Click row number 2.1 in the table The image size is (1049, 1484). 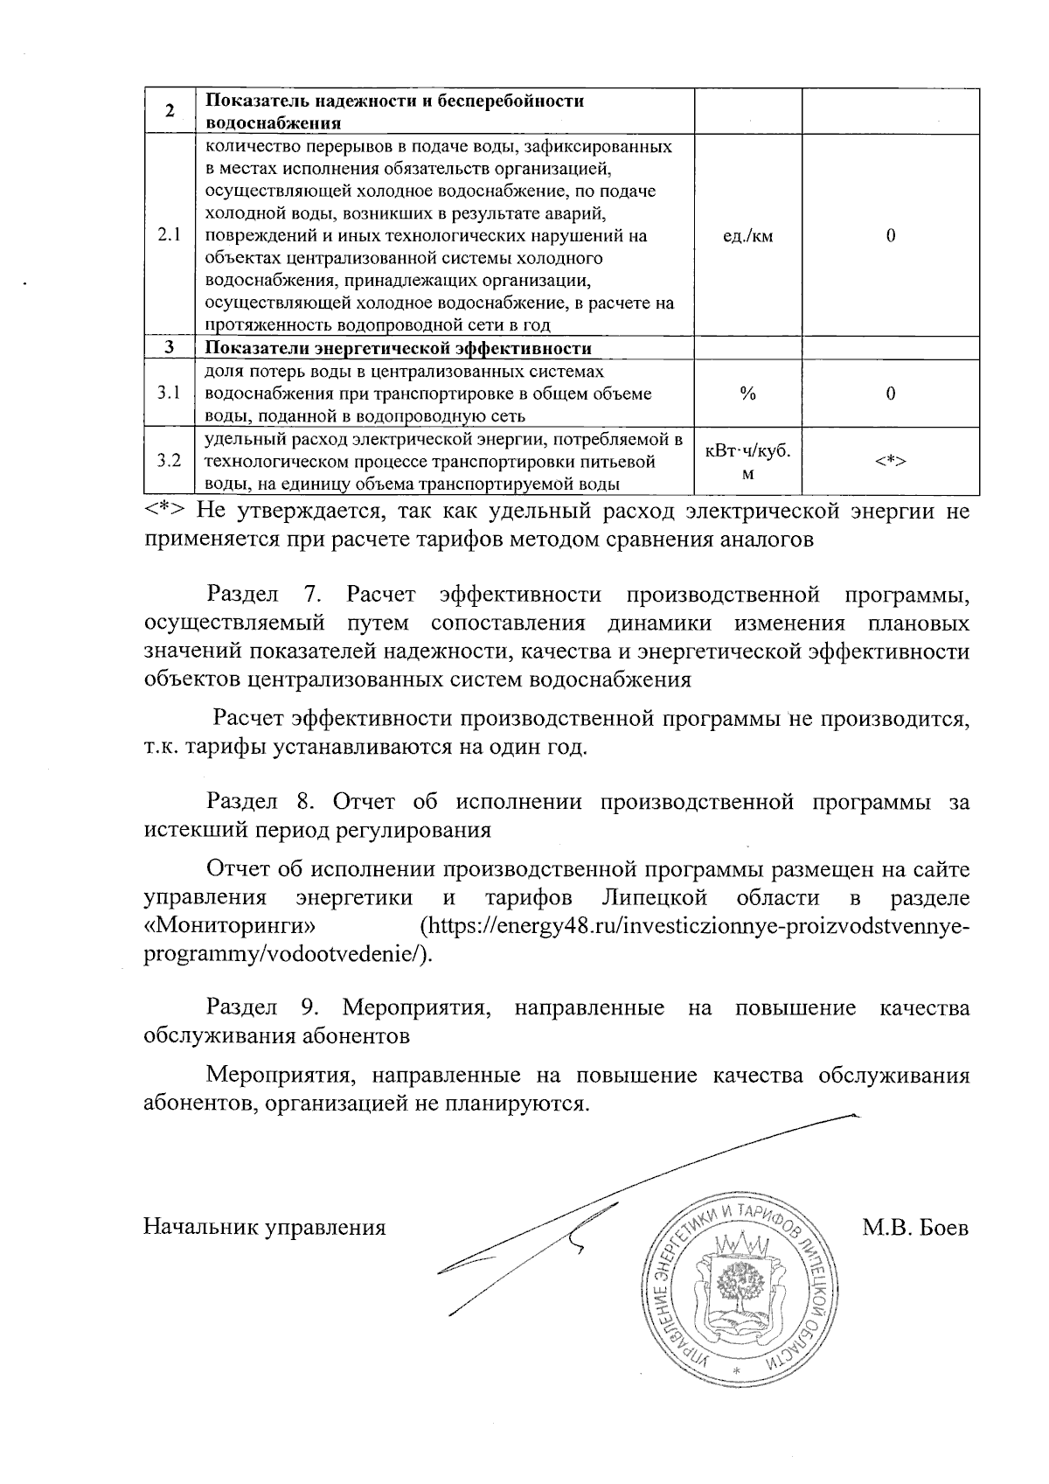pyautogui.click(x=170, y=235)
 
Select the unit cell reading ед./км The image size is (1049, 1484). pyautogui.click(x=747, y=236)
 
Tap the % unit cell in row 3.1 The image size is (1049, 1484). pyautogui.click(x=747, y=394)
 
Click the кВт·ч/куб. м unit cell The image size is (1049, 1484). pyautogui.click(x=747, y=462)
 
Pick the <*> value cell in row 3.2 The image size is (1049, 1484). pyautogui.click(x=890, y=462)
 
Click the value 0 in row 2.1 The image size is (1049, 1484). pyautogui.click(x=890, y=236)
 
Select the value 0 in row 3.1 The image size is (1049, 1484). pyautogui.click(x=890, y=394)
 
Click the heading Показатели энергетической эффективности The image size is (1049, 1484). pyautogui.click(x=398, y=349)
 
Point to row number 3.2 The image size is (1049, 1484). pyautogui.click(x=170, y=462)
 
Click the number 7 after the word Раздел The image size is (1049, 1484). pyautogui.click(x=310, y=596)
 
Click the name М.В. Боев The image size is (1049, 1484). pyautogui.click(x=915, y=1228)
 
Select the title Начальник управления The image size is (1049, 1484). pyautogui.click(x=265, y=1228)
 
